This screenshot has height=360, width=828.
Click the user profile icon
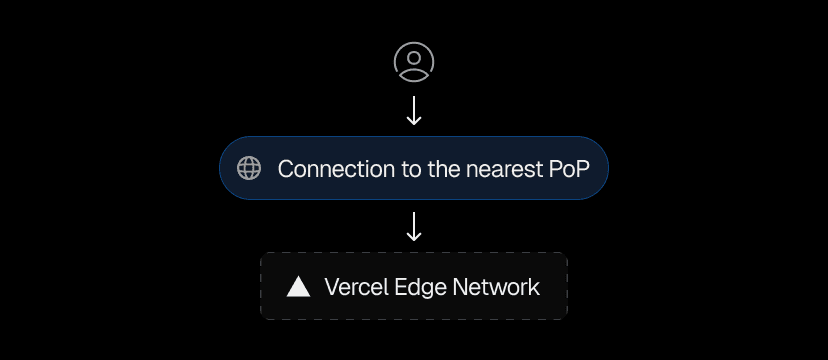click(x=414, y=61)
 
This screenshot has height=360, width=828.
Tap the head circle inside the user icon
click(x=414, y=56)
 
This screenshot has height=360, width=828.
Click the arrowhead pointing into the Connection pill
click(x=414, y=121)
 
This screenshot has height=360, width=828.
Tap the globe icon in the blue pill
click(x=249, y=168)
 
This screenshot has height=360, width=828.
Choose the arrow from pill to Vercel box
click(x=414, y=225)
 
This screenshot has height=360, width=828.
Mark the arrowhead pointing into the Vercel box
click(x=414, y=237)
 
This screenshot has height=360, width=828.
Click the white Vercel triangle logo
click(x=298, y=287)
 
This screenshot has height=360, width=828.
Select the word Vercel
click(x=356, y=288)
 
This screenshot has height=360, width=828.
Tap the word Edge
click(x=420, y=288)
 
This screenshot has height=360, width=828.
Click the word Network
click(x=496, y=288)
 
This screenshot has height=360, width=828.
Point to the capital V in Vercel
click(x=332, y=288)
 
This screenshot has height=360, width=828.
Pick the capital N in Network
click(x=460, y=288)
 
